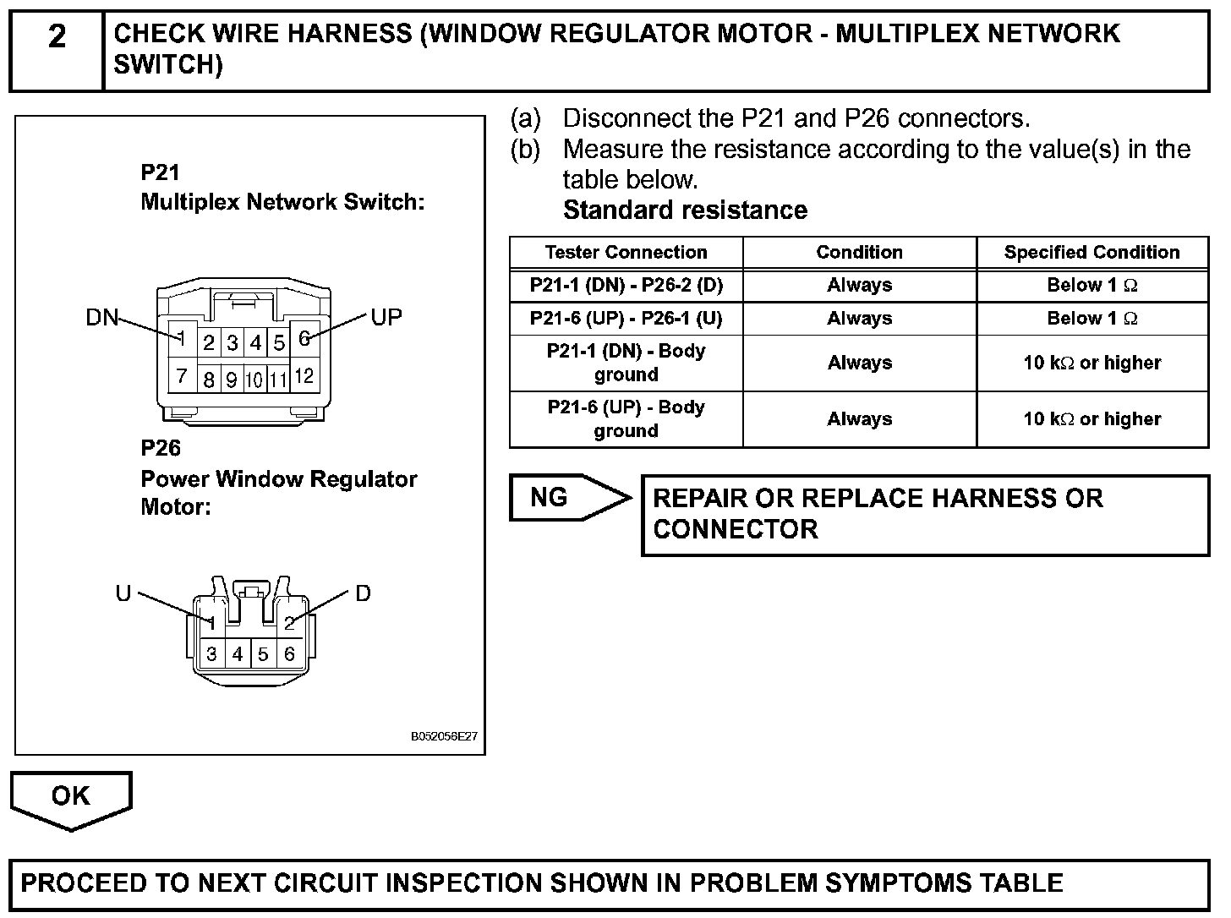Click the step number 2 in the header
tap(57, 37)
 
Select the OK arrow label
tap(70, 795)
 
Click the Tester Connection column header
tap(626, 253)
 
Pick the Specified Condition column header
tap(1091, 253)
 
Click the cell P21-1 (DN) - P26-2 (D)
tap(626, 285)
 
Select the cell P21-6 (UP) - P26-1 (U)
tap(626, 319)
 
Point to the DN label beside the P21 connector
tap(101, 318)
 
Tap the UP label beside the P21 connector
tap(386, 318)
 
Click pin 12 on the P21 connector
tap(304, 375)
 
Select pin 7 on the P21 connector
tap(181, 375)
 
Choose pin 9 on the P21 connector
tap(231, 380)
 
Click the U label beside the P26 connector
tap(123, 593)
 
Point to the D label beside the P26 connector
tap(363, 593)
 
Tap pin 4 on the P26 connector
tap(238, 654)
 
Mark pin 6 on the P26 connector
tap(289, 654)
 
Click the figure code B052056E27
tap(444, 736)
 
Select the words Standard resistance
tap(685, 210)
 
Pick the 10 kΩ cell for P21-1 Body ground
tap(1091, 363)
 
